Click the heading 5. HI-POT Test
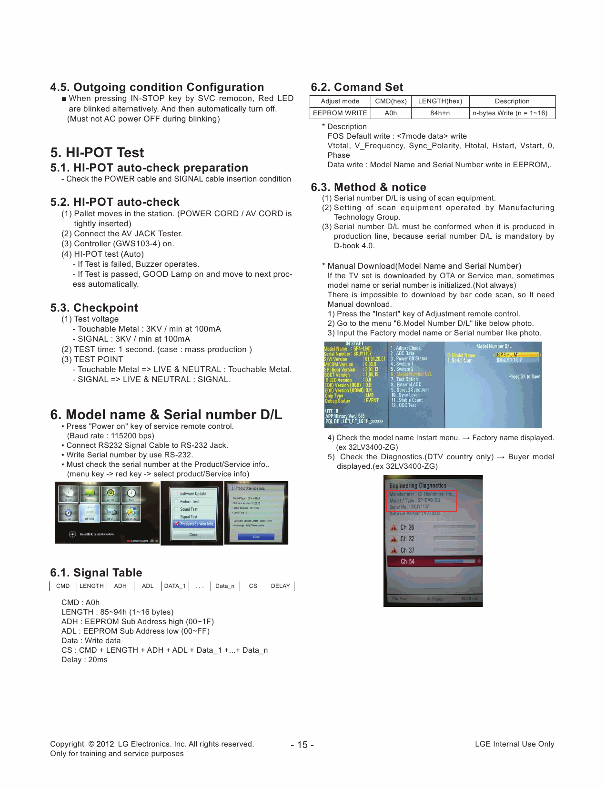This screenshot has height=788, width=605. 97,152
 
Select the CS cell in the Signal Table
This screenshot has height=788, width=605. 253,586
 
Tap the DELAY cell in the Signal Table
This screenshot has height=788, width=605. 280,586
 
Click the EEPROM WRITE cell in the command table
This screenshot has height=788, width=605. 340,113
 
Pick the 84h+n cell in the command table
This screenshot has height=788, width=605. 440,113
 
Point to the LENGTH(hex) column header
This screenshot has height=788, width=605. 440,101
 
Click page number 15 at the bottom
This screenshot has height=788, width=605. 302,745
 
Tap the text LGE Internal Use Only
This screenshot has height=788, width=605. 514,744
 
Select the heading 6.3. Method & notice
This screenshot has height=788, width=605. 368,187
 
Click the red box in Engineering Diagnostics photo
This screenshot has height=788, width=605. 423,500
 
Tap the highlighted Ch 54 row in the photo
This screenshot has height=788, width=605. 434,562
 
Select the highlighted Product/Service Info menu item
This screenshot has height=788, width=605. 194,524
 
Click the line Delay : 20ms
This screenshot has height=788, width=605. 84,660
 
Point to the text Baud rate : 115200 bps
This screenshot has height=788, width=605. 111,436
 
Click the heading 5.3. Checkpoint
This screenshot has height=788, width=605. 94,308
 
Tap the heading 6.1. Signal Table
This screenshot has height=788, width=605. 96,573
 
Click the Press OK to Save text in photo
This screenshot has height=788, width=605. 524,376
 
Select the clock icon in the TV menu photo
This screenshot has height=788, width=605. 131,493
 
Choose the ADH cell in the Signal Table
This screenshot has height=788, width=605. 121,586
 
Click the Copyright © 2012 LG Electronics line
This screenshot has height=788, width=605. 152,744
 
